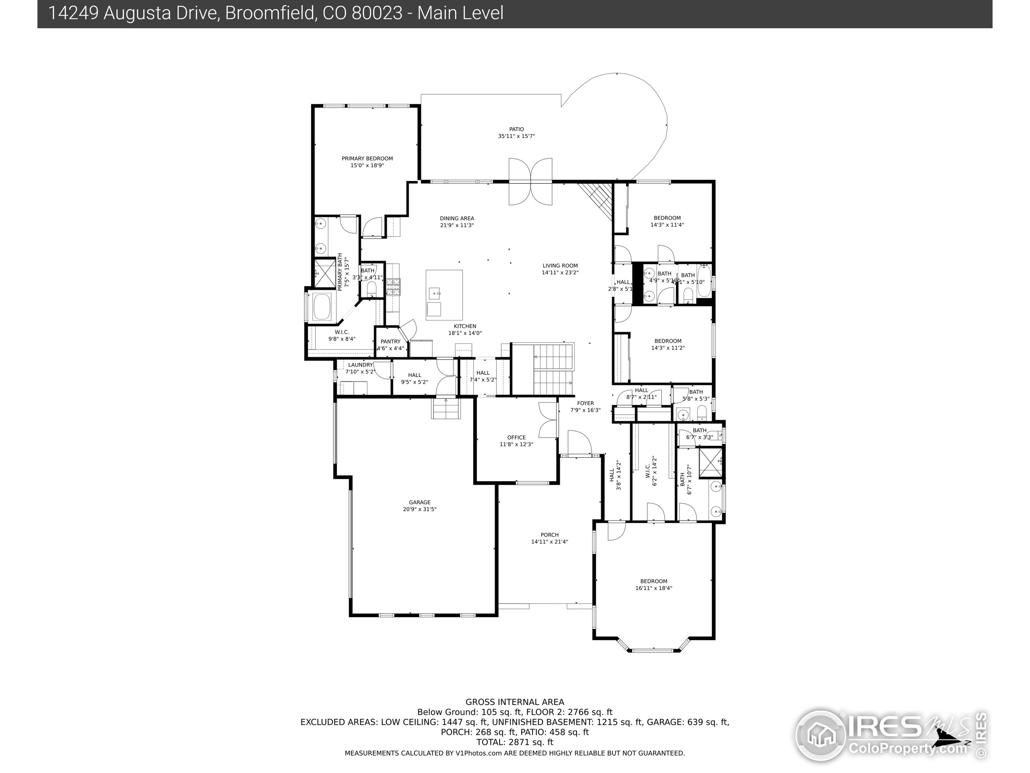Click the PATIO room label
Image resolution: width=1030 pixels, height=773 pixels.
[x=516, y=130]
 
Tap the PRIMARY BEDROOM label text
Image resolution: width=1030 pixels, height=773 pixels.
[x=367, y=158]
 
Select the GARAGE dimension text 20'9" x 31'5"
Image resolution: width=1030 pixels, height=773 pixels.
[x=420, y=509]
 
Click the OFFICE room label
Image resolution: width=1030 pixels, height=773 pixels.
[x=516, y=438]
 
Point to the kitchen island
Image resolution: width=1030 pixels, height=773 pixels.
[x=444, y=294]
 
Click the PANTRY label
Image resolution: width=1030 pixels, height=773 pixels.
[x=390, y=341]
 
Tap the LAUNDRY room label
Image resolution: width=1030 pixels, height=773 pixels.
[x=360, y=365]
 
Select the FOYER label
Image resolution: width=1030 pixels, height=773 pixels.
[x=585, y=403]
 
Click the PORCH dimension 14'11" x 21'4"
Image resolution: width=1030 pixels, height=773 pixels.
[x=550, y=542]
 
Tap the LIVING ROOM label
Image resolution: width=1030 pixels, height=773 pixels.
[x=560, y=266]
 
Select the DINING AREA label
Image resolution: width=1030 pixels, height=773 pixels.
[x=457, y=218]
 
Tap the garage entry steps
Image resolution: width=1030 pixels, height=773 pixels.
[x=447, y=409]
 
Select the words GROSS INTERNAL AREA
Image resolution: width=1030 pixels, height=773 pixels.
[x=515, y=702]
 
